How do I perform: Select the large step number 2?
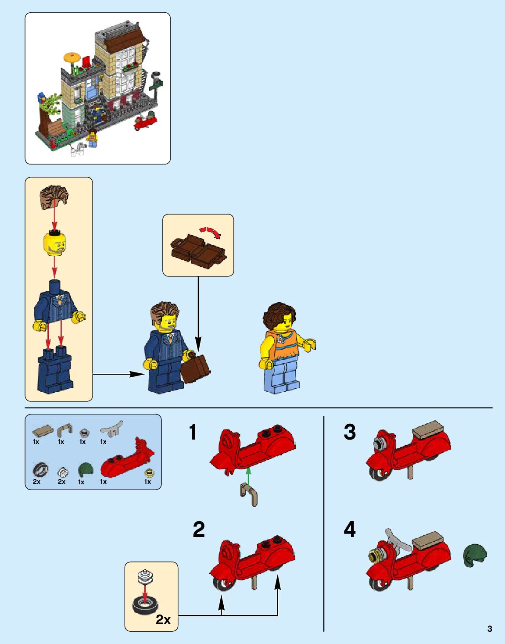pos(199,530)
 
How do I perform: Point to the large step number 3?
pos(350,432)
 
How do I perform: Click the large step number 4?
pos(350,530)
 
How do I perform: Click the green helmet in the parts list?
pos(86,470)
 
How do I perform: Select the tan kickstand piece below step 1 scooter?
pos(249,494)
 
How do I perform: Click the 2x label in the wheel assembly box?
pos(163,620)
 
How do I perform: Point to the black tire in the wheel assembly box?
pos(145,605)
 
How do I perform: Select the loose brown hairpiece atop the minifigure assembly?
pos(54,196)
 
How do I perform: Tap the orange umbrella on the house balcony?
pos(72,57)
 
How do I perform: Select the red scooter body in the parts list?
pos(128,458)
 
